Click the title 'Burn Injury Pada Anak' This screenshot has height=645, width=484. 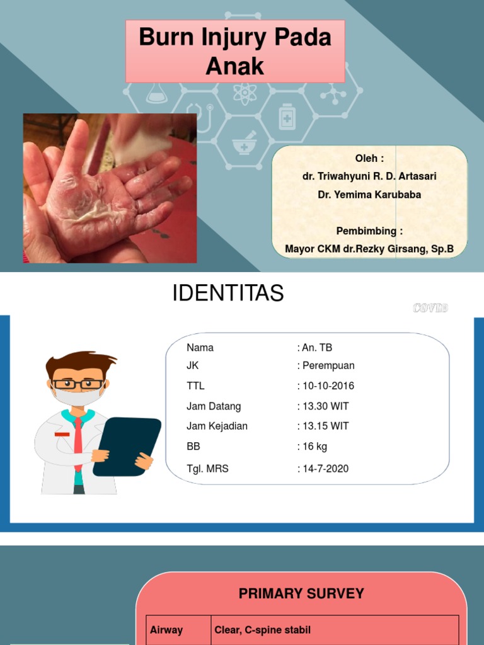[x=235, y=51]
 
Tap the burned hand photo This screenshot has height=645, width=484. [x=110, y=188]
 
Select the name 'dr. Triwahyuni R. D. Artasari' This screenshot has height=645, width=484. [x=369, y=176]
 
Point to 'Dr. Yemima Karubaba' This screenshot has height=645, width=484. [x=369, y=195]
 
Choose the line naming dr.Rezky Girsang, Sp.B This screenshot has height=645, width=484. [x=369, y=249]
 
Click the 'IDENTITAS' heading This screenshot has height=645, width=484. [x=228, y=294]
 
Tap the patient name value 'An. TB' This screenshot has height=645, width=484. [x=317, y=348]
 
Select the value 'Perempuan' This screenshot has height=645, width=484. [x=328, y=365]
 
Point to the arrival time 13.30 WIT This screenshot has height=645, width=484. [x=326, y=406]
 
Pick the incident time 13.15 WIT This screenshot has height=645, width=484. [x=326, y=426]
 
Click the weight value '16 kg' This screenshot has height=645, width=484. [x=314, y=447]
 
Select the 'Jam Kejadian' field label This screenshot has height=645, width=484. [x=217, y=426]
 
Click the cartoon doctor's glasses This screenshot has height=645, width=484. [x=78, y=384]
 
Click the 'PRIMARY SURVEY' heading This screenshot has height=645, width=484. [x=301, y=593]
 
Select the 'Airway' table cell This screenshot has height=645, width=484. [x=166, y=630]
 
